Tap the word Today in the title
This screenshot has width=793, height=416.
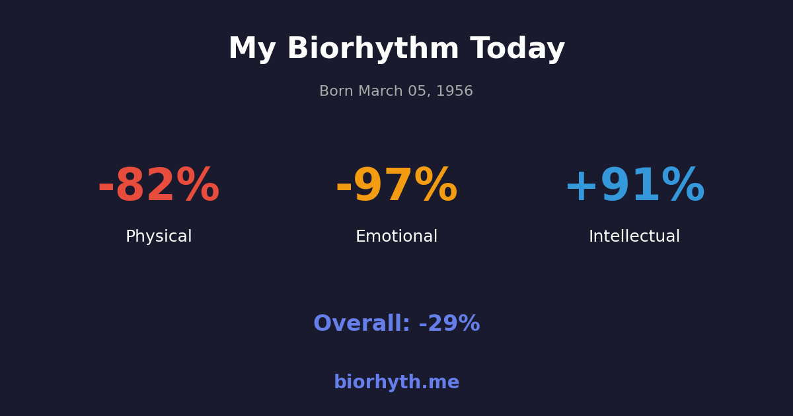pyautogui.click(x=517, y=50)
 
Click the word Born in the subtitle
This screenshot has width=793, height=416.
pyautogui.click(x=336, y=92)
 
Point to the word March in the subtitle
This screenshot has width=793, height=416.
pyautogui.click(x=379, y=92)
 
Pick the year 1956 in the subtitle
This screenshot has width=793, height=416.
pyautogui.click(x=455, y=92)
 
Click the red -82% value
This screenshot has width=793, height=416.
pyautogui.click(x=159, y=187)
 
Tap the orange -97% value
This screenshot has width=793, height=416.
pyautogui.click(x=397, y=187)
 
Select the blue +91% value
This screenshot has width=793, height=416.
pyautogui.click(x=634, y=187)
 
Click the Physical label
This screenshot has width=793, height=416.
pyautogui.click(x=159, y=237)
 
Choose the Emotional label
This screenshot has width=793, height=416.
pyautogui.click(x=397, y=237)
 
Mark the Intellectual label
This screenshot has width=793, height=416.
pyautogui.click(x=634, y=237)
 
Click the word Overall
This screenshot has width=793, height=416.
pyautogui.click(x=361, y=324)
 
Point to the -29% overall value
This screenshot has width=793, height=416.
pyautogui.click(x=449, y=324)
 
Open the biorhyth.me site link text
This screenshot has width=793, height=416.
pyautogui.click(x=397, y=383)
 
